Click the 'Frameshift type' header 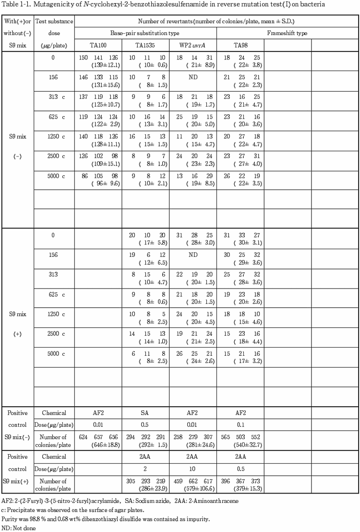point(287,33)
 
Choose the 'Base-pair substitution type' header point(145,33)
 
